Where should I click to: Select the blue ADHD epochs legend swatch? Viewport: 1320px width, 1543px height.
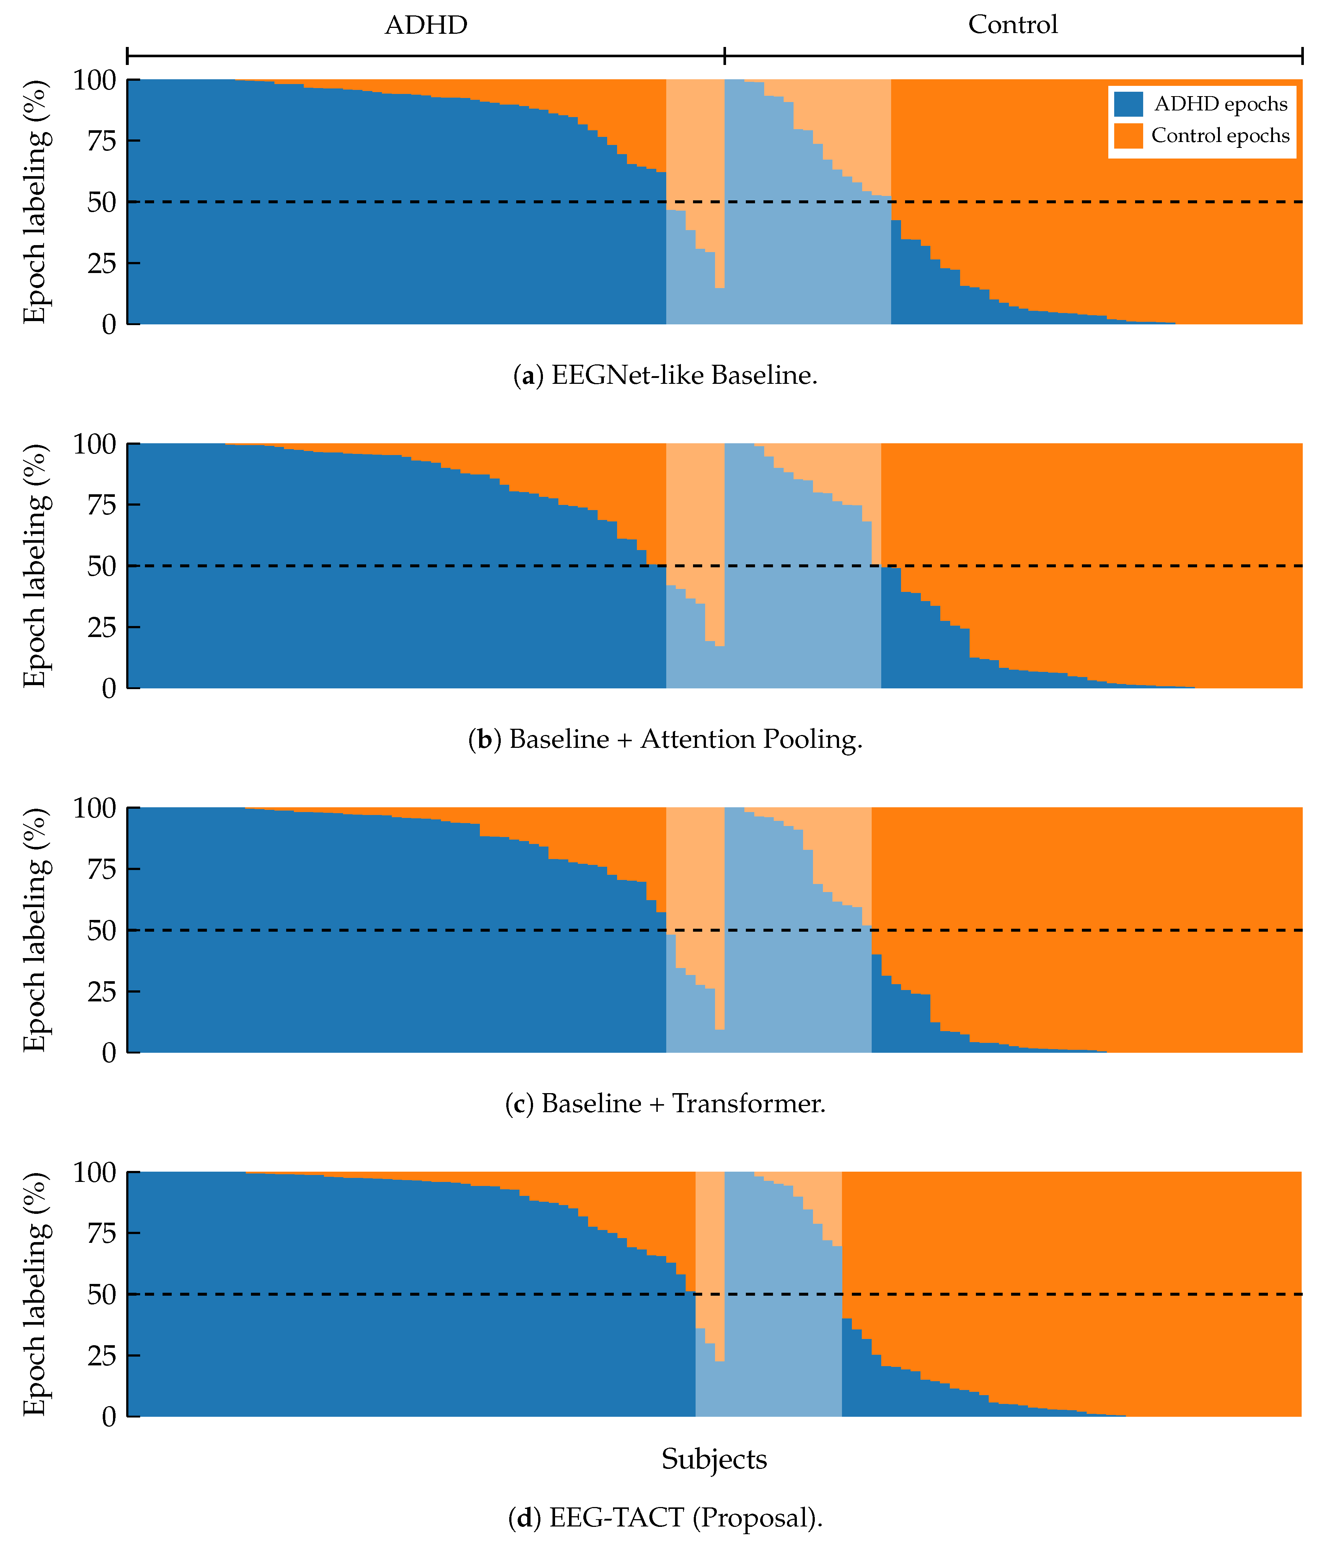[x=1128, y=104]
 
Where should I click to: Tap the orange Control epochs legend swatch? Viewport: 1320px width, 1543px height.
[x=1128, y=136]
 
